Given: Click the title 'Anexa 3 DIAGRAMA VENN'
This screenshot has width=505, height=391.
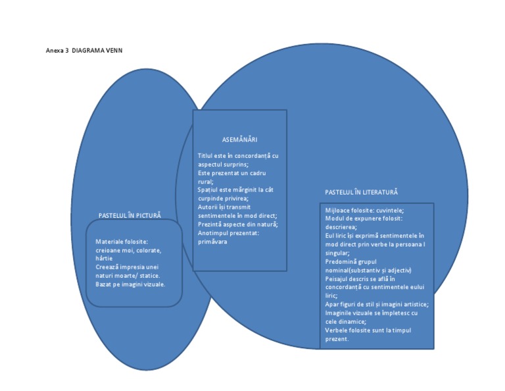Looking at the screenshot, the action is (x=84, y=50).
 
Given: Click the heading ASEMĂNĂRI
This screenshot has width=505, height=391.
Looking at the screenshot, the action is (x=239, y=140).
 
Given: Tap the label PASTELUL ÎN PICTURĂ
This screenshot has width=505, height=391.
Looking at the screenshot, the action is (x=130, y=215).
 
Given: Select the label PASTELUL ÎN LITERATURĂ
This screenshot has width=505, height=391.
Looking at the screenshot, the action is (x=361, y=192).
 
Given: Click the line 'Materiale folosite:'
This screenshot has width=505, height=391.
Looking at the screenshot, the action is (x=122, y=242).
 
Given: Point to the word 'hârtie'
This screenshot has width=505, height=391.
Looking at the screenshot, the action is (x=104, y=259).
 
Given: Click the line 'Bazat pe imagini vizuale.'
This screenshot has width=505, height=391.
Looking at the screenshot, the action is (x=130, y=284).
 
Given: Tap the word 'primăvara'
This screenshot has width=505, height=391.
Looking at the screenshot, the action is (x=212, y=242).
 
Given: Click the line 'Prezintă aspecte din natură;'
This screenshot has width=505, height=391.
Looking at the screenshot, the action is (x=237, y=224).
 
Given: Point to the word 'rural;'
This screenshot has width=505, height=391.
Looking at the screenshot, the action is (x=206, y=181).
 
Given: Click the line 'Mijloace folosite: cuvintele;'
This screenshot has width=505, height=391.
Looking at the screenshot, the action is (x=364, y=210).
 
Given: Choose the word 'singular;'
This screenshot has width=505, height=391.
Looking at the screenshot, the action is (x=337, y=252).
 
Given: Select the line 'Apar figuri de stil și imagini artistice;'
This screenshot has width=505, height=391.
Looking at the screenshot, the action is (x=377, y=304).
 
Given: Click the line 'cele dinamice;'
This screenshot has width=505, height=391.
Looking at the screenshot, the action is (x=346, y=321).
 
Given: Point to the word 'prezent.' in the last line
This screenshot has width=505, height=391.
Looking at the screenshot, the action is (x=337, y=338).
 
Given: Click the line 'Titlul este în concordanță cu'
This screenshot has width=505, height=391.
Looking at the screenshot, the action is (x=238, y=156).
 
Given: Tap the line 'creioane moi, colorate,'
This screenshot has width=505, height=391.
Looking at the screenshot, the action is (x=128, y=250).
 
